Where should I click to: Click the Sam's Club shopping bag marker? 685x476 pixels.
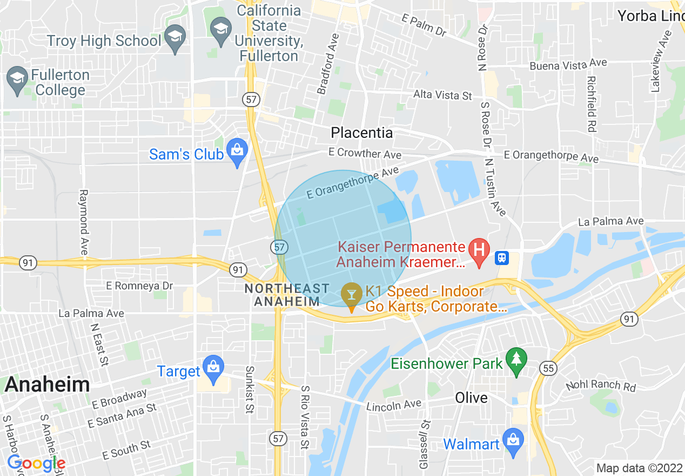coord(237,151)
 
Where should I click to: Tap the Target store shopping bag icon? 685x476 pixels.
coord(214,368)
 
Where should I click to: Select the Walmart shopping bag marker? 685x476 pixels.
coord(512,440)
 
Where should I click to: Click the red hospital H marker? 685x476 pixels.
coord(478,251)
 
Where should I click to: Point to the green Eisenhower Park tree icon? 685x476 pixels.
coord(517,360)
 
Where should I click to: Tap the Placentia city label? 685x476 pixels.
coord(361,133)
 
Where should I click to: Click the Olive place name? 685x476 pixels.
coord(471,398)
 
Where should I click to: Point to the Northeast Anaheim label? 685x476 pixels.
coord(286,295)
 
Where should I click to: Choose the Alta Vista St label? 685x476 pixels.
coord(442,95)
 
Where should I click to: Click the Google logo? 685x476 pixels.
coord(36,463)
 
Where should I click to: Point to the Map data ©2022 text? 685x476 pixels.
coord(639,468)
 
